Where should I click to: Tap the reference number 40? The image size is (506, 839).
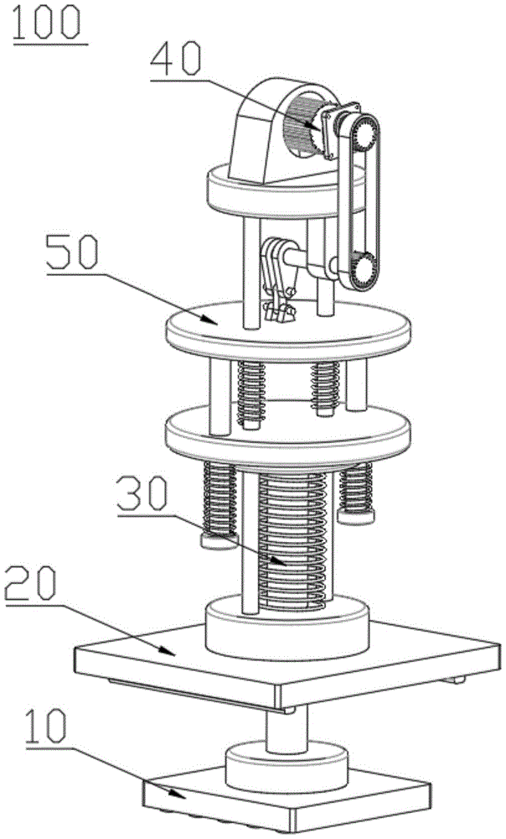[x=175, y=60]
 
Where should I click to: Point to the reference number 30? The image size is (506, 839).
[x=142, y=494]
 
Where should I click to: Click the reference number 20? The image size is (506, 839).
[x=30, y=584]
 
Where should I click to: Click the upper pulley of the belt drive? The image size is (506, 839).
[x=365, y=133]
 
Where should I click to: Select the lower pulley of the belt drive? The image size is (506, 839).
[x=364, y=269]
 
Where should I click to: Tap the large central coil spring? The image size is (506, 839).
[x=292, y=541]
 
